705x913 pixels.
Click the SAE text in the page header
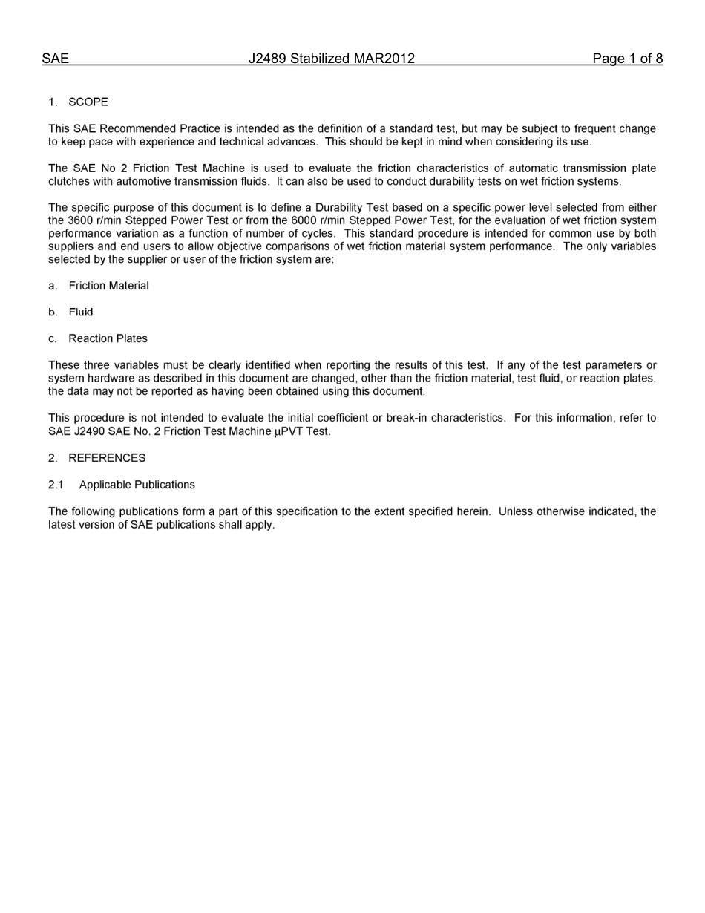tap(55, 59)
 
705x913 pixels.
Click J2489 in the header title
tap(267, 59)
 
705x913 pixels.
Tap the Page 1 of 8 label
tap(627, 59)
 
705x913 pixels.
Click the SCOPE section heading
tap(88, 102)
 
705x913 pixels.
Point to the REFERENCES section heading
tap(107, 458)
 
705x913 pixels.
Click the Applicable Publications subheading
tap(137, 485)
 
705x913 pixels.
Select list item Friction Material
tap(108, 286)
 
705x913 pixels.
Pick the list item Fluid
tap(81, 312)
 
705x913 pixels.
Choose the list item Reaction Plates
tap(108, 338)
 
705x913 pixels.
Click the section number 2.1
tap(56, 485)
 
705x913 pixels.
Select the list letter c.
tap(52, 338)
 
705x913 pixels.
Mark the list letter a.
tap(52, 286)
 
